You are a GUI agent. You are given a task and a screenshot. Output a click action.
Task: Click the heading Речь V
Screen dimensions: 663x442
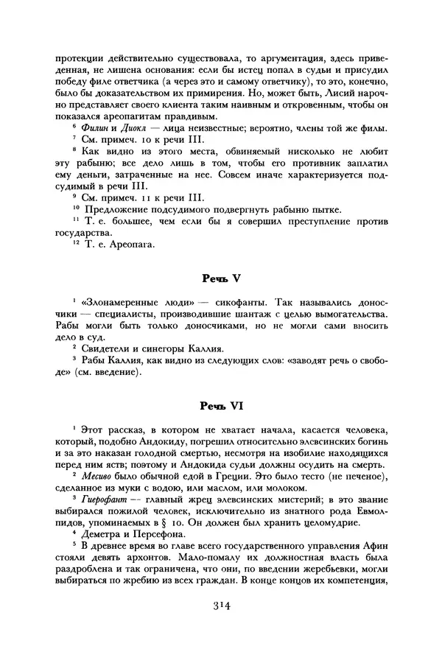pyautogui.click(x=221, y=279)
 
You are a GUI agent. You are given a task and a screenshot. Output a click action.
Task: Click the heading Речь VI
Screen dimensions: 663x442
pyautogui.click(x=221, y=405)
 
